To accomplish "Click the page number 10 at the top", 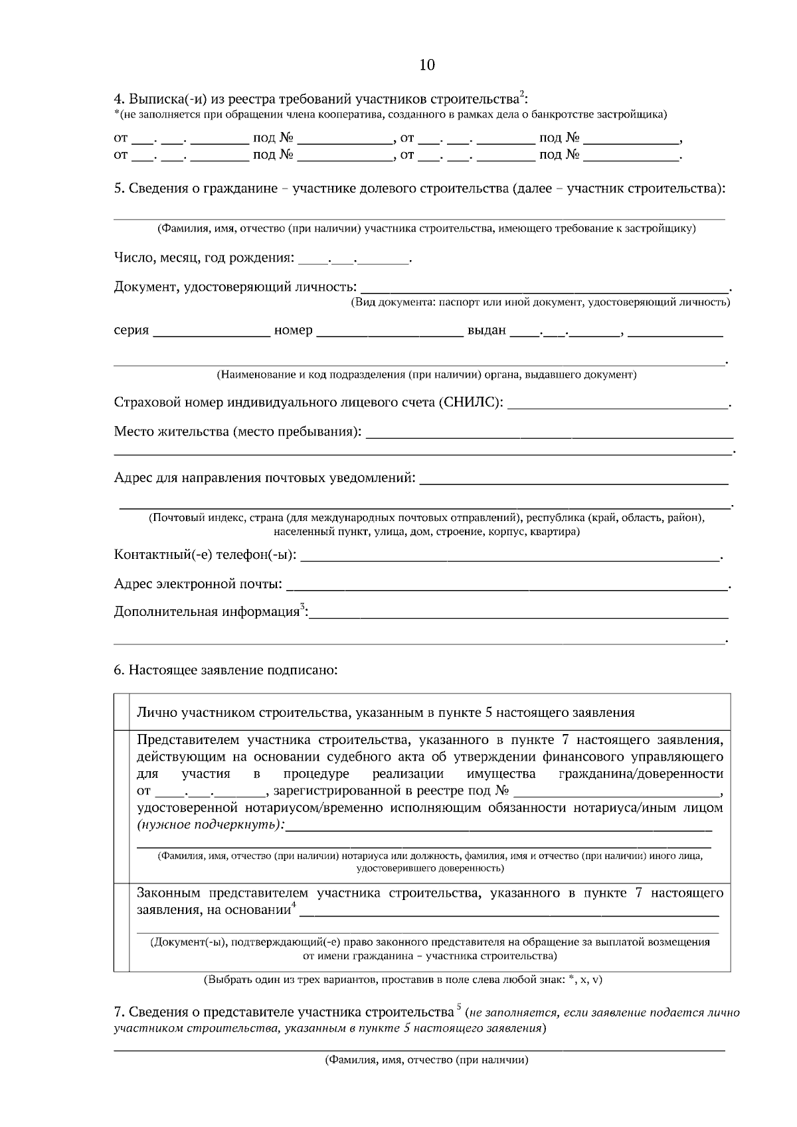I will tap(427, 64).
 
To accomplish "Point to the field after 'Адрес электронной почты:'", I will tap(510, 586).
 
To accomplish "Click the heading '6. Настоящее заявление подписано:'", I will tap(226, 670).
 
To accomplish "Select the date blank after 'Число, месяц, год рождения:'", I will tap(355, 259).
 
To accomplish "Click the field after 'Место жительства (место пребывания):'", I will tap(549, 434).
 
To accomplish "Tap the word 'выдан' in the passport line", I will tap(486, 331).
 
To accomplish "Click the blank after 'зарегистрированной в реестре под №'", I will tap(618, 792).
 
